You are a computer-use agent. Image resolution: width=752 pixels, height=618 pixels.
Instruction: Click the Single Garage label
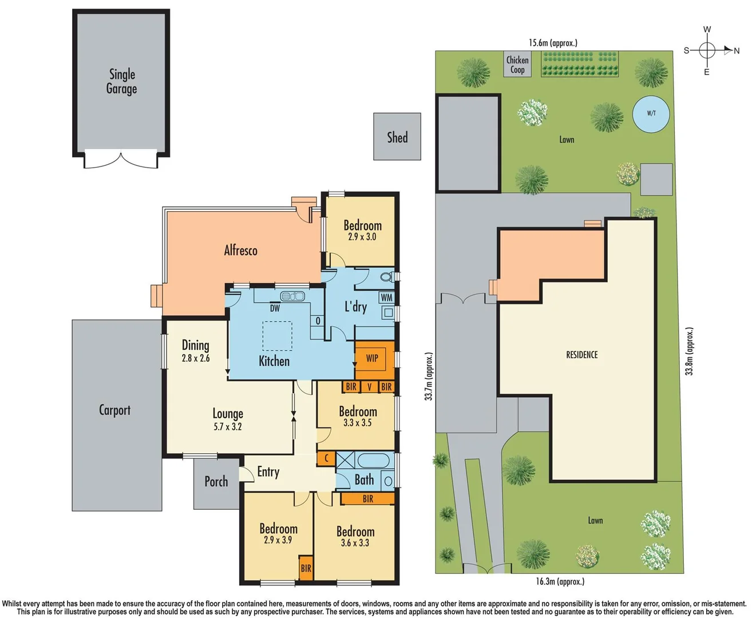pyautogui.click(x=121, y=81)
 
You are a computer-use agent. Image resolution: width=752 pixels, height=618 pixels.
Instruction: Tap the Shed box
pyautogui.click(x=397, y=137)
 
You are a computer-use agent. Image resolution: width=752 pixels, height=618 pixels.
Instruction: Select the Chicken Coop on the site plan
pyautogui.click(x=517, y=64)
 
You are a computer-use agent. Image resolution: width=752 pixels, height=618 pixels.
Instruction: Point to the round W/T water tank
pyautogui.click(x=651, y=113)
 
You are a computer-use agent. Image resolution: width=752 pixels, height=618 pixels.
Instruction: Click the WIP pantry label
pyautogui.click(x=372, y=358)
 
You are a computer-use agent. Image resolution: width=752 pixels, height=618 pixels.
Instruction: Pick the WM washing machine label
pyautogui.click(x=387, y=298)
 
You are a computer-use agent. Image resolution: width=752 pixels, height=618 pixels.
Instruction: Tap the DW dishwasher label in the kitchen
pyautogui.click(x=275, y=308)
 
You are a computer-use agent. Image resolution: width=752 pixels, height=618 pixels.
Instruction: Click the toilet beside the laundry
pyautogui.click(x=387, y=278)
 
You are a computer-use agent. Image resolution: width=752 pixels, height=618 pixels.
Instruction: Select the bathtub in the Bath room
pyautogui.click(x=373, y=460)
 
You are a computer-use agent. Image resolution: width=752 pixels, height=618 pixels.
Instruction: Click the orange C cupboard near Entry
pyautogui.click(x=326, y=458)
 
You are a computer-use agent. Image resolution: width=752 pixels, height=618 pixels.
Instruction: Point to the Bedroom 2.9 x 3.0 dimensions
pyautogui.click(x=362, y=237)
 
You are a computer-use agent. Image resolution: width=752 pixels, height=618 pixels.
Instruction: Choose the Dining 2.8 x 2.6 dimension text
pyautogui.click(x=196, y=358)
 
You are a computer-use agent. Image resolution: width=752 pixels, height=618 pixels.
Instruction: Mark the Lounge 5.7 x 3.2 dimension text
pyautogui.click(x=228, y=426)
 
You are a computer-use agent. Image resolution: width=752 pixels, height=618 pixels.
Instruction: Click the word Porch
pyautogui.click(x=216, y=482)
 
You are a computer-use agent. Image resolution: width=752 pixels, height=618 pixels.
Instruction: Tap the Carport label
pyautogui.click(x=114, y=410)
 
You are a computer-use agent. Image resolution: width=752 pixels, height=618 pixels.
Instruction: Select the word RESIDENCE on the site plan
pyautogui.click(x=581, y=355)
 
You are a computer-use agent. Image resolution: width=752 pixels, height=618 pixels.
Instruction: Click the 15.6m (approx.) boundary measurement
pyautogui.click(x=553, y=43)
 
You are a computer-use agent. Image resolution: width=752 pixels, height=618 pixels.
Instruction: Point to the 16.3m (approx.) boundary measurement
pyautogui.click(x=560, y=581)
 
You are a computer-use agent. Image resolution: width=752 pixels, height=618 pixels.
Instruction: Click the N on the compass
pyautogui.click(x=737, y=51)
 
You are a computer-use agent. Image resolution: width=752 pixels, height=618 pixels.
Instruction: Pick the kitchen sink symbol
pyautogui.click(x=292, y=296)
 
